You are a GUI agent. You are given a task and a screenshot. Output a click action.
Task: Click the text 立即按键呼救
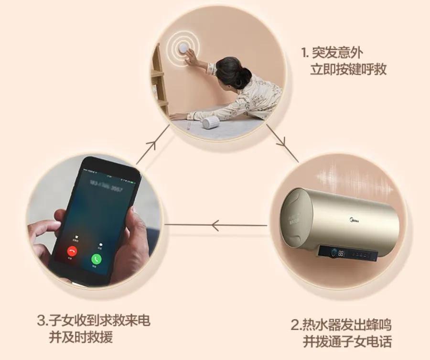[348, 69]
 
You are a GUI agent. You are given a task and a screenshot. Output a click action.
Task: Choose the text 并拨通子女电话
[347, 342]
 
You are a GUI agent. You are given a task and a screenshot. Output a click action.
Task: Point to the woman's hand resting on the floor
[178, 116]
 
